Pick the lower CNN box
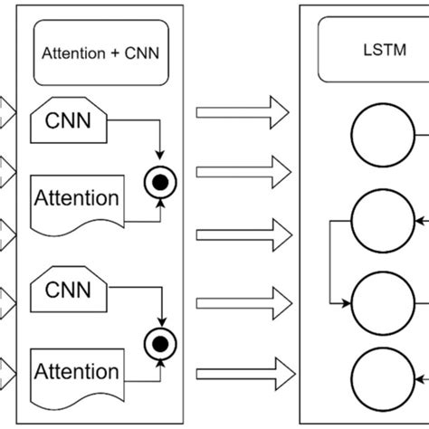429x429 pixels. pos(69,292)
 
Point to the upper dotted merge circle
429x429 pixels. pos(160,183)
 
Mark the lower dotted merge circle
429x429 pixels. pos(160,344)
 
